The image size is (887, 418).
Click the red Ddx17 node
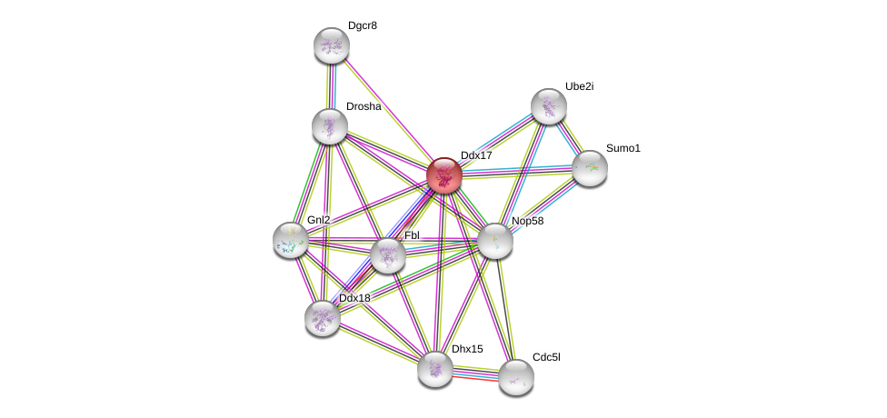click(x=444, y=175)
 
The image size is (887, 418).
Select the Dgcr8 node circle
click(x=332, y=45)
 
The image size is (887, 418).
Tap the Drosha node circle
click(x=330, y=126)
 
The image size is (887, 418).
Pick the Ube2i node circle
click(x=549, y=106)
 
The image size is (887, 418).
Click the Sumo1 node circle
click(x=590, y=168)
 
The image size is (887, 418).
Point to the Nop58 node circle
click(x=495, y=241)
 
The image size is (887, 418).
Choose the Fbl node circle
click(x=388, y=255)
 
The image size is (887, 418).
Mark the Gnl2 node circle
click(x=291, y=240)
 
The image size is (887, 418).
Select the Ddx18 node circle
click(x=323, y=318)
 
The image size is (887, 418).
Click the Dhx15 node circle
click(x=435, y=369)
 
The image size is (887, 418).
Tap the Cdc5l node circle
click(x=516, y=377)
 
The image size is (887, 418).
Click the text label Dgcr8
click(x=362, y=25)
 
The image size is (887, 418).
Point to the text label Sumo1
click(x=623, y=148)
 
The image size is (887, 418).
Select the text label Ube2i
click(x=579, y=86)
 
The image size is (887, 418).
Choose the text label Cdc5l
click(x=546, y=357)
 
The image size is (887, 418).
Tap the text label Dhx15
click(x=467, y=349)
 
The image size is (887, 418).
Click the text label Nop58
click(x=527, y=221)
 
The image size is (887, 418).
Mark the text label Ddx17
click(x=476, y=155)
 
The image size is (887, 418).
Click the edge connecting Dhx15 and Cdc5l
click(x=475, y=373)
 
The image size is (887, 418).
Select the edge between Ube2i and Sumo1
click(x=570, y=137)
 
